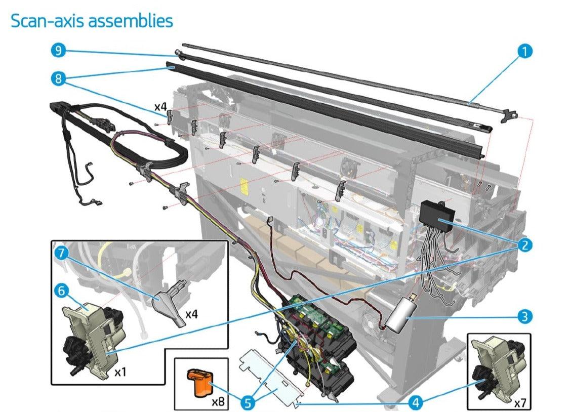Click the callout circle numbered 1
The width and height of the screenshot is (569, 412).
tap(525, 51)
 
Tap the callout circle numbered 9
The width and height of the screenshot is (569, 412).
tap(58, 51)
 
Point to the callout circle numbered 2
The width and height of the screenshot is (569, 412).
tap(525, 245)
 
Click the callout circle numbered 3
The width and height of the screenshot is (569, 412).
tap(525, 317)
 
